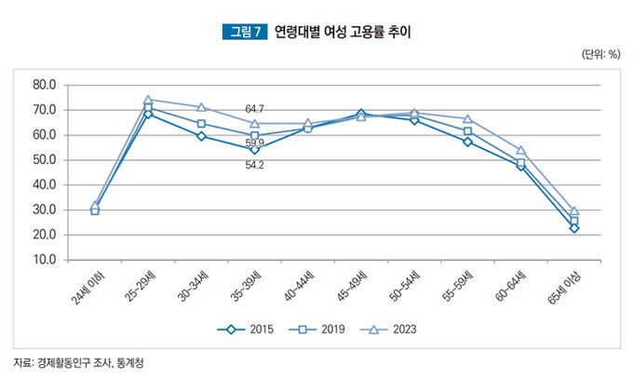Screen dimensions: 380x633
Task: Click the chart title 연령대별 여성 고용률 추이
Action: tap(343, 33)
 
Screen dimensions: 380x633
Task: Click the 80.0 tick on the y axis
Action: tap(45, 85)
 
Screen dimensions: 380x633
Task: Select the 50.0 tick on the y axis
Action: tap(45, 160)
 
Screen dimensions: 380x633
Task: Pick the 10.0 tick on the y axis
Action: tap(45, 260)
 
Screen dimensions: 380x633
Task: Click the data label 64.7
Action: tap(255, 110)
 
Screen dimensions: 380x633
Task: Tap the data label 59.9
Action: tap(255, 142)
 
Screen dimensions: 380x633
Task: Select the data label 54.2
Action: tap(255, 165)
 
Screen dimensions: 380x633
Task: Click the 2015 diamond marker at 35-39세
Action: tap(255, 149)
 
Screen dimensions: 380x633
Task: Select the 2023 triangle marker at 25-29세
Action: tap(148, 99)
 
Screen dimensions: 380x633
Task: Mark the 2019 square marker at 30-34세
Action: tap(201, 123)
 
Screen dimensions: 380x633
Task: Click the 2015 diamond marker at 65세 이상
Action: tap(574, 228)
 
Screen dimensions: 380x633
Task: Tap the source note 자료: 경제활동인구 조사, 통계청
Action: tap(79, 361)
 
